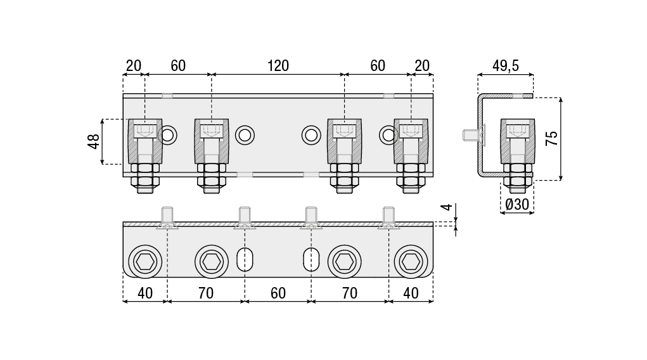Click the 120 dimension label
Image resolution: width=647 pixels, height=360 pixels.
click(278, 66)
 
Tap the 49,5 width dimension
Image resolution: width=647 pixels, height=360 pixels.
click(506, 66)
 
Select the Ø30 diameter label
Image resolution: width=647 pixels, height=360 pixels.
click(517, 204)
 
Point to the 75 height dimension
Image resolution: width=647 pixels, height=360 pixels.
click(552, 138)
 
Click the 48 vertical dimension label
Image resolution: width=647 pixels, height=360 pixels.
click(94, 141)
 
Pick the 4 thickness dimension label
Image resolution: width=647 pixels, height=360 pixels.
click(447, 207)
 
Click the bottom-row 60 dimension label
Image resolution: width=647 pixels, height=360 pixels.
click(278, 293)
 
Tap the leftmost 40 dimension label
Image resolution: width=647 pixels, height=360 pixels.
click(145, 293)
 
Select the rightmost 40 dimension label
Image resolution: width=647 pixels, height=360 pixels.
click(411, 293)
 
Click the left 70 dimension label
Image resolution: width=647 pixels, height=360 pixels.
click(205, 293)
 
